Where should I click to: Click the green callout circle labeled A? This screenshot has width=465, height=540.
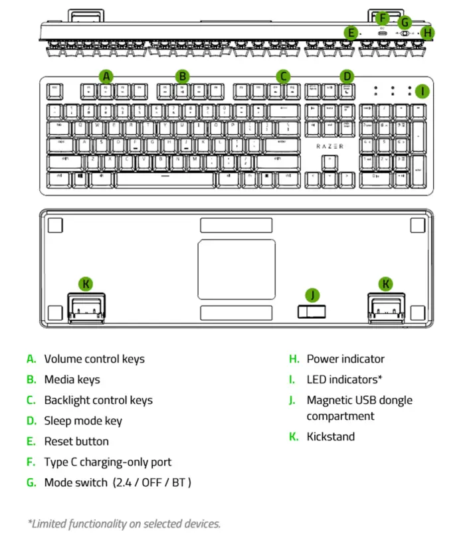(106, 76)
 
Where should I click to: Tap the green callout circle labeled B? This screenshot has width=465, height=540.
(182, 76)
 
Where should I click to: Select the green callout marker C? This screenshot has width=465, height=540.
(284, 76)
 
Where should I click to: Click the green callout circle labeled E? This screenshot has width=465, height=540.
(351, 32)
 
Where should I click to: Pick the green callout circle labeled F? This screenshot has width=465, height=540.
(382, 18)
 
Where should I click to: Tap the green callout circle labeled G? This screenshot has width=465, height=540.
(405, 22)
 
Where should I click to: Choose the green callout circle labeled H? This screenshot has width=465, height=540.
(427, 32)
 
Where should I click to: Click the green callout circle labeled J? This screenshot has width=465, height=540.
(312, 295)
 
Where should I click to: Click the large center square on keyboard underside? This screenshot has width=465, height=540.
(236, 270)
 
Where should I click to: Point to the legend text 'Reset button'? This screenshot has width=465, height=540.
(76, 441)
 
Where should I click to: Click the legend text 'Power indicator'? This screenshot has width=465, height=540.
(345, 359)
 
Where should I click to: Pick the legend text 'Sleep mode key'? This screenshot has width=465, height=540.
(83, 420)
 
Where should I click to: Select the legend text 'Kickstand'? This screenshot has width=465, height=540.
(331, 436)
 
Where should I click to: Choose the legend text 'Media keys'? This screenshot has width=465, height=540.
(72, 379)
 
